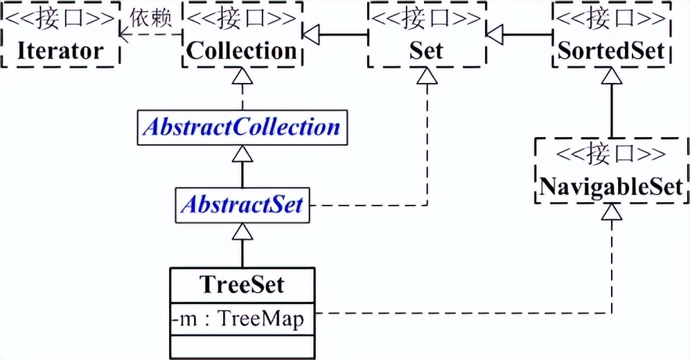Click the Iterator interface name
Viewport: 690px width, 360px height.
[x=60, y=51]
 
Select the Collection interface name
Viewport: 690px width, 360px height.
[x=240, y=51]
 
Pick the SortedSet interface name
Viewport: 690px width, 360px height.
[x=611, y=51]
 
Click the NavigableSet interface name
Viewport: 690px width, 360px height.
[x=612, y=186]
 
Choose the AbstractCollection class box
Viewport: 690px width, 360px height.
[x=242, y=127]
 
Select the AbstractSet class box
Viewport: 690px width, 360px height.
[x=242, y=205]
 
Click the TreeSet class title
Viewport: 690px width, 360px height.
[x=242, y=284]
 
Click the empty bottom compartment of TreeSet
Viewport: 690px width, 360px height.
[x=242, y=346]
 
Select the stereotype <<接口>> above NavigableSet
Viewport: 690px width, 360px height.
[x=612, y=154]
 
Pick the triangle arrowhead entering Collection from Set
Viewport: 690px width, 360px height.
[x=309, y=33]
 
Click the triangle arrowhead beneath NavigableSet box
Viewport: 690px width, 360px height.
[x=612, y=213]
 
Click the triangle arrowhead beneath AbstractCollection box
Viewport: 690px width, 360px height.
[x=242, y=154]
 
